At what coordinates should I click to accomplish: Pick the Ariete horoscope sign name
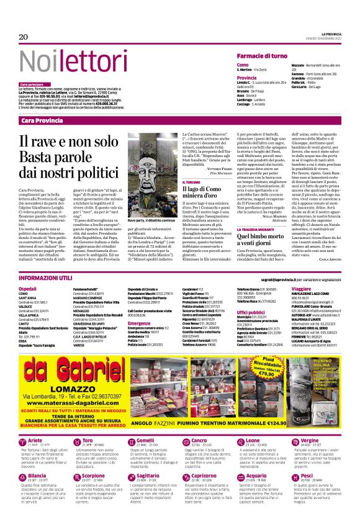37,458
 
